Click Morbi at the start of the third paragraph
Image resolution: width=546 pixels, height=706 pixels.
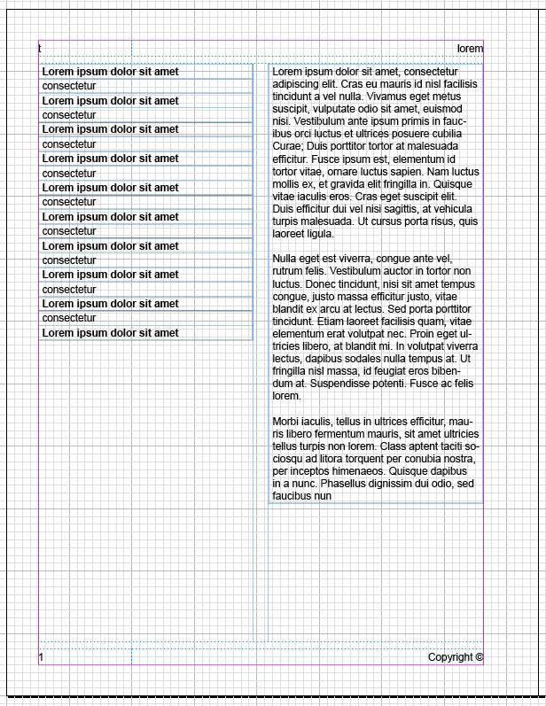click(286, 422)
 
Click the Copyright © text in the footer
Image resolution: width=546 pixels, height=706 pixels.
click(456, 657)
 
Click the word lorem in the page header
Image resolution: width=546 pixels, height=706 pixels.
click(470, 49)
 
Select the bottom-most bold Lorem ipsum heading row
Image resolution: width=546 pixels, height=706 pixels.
click(111, 333)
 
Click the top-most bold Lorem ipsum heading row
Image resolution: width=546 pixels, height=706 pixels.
click(111, 72)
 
